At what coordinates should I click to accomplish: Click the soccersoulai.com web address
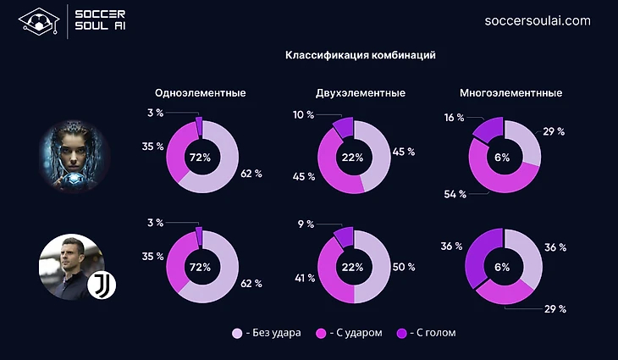click(538, 20)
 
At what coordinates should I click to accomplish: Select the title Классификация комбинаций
click(361, 56)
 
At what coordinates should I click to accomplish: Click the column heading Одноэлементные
click(201, 93)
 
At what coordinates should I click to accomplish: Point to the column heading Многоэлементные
click(510, 93)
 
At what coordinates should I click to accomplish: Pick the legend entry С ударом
click(350, 333)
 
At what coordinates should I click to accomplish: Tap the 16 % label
click(454, 118)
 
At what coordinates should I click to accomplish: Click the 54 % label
click(455, 195)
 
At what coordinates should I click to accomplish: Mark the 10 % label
click(303, 114)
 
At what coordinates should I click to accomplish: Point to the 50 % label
click(404, 266)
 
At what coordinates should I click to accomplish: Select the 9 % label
click(305, 224)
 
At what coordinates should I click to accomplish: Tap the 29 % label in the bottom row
click(555, 308)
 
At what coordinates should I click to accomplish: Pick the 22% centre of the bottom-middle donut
click(353, 267)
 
